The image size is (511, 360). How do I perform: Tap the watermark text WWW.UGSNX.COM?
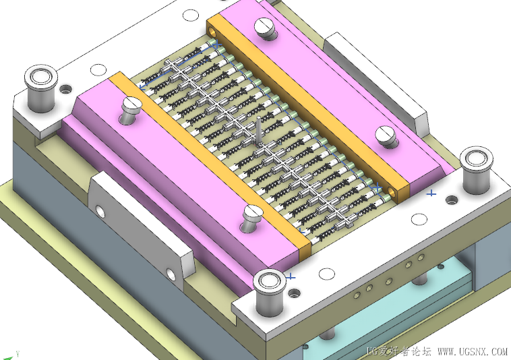[473, 352]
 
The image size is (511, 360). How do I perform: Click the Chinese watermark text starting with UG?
[399, 352]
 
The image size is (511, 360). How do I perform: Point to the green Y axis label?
[18, 353]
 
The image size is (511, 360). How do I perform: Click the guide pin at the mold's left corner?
[41, 88]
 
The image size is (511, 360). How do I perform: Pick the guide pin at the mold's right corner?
[476, 169]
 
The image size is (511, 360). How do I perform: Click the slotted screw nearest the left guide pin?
[131, 109]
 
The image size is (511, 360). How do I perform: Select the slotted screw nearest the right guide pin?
[386, 136]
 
